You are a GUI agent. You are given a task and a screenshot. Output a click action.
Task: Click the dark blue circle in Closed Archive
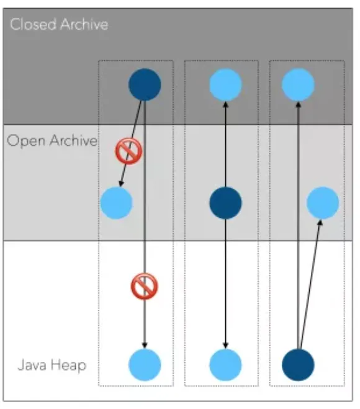pyautogui.click(x=145, y=84)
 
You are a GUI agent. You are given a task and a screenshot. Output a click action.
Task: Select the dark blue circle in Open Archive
pyautogui.click(x=226, y=203)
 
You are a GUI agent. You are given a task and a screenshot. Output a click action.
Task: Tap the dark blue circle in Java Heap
pyautogui.click(x=298, y=365)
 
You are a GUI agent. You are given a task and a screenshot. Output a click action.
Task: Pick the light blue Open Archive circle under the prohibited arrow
pyautogui.click(x=116, y=203)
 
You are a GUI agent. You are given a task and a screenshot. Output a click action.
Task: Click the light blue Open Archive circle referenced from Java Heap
pyautogui.click(x=323, y=203)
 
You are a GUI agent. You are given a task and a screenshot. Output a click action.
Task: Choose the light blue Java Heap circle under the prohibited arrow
pyautogui.click(x=145, y=365)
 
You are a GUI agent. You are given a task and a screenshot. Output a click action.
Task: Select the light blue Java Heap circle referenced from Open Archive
pyautogui.click(x=226, y=365)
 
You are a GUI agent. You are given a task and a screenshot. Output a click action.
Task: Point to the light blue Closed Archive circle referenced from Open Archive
pyautogui.click(x=226, y=84)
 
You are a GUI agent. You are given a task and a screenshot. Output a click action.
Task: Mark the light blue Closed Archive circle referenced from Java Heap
pyautogui.click(x=298, y=84)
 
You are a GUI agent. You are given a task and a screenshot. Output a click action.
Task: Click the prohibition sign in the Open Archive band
pyautogui.click(x=129, y=151)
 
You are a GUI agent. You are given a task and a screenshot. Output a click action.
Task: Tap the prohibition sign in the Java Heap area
pyautogui.click(x=144, y=286)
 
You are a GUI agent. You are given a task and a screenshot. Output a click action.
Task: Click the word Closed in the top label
pyautogui.click(x=33, y=24)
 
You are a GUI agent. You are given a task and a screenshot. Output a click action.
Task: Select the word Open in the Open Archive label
pyautogui.click(x=26, y=141)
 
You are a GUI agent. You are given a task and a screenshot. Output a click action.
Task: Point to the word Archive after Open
pyautogui.click(x=74, y=140)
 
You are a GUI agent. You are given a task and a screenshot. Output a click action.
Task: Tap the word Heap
pyautogui.click(x=68, y=366)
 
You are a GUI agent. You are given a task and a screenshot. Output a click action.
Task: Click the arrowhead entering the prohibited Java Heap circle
pyautogui.click(x=145, y=345)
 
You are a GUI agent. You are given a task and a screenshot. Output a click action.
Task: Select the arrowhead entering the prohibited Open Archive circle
pyautogui.click(x=121, y=184)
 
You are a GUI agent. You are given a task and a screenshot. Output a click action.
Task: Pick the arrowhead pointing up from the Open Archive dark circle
pyautogui.click(x=226, y=104)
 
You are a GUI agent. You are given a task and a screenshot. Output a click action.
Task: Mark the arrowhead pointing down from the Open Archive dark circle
pyautogui.click(x=226, y=345)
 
